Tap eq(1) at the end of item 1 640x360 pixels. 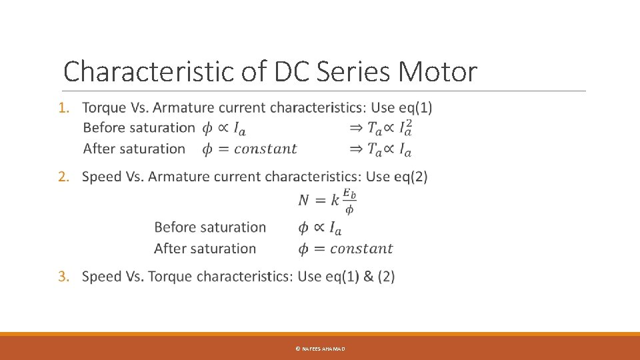click(413, 107)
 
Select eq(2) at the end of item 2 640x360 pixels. click(409, 177)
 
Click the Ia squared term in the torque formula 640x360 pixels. click(405, 128)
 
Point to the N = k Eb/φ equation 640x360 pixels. click(327, 200)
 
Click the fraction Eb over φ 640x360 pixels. click(349, 201)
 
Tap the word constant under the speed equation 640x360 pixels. click(361, 249)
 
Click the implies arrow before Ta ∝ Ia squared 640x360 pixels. click(356, 128)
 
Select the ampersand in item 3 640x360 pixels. click(368, 276)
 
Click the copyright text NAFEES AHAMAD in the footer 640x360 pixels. click(320, 349)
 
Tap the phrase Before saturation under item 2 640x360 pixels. click(210, 227)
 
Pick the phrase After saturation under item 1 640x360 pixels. click(134, 149)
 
